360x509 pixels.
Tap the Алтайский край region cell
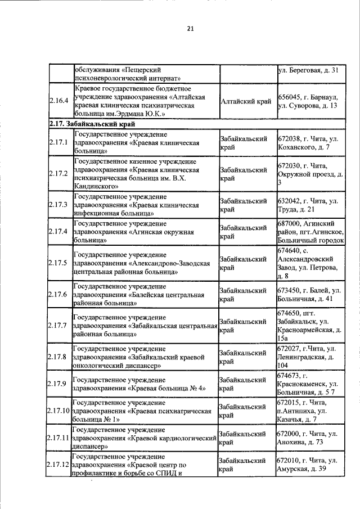coord(246,101)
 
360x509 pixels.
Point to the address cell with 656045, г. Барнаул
coord(307,101)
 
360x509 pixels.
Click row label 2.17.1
coord(58,142)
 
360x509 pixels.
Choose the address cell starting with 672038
coord(307,142)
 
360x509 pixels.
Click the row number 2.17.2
coord(58,173)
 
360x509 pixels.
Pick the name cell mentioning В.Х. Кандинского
coord(145,173)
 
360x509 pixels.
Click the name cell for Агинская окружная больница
coord(145,231)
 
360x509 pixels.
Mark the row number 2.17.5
coord(58,263)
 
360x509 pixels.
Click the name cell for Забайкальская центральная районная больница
coord(145,326)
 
